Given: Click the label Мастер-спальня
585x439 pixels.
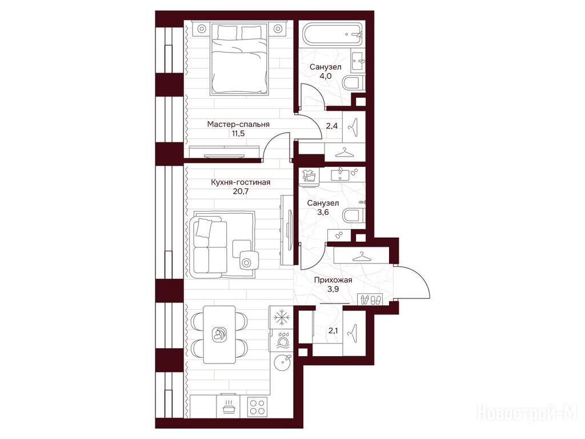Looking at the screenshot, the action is (x=238, y=124).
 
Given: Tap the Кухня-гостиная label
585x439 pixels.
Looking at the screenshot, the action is (x=241, y=182).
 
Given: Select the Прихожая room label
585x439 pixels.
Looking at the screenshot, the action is (x=333, y=280).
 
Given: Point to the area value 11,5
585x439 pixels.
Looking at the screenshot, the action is (x=238, y=133).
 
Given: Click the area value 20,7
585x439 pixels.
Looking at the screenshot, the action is (x=241, y=191).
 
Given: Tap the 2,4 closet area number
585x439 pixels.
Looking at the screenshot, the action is (x=332, y=126).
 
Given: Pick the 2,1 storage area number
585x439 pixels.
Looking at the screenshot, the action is (x=333, y=330).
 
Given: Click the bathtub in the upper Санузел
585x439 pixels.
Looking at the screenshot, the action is (x=332, y=35).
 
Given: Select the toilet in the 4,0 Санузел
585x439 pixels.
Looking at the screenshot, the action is (x=352, y=83).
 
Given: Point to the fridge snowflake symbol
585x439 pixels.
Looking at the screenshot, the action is (x=282, y=318).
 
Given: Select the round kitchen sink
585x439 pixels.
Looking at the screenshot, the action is (x=282, y=362).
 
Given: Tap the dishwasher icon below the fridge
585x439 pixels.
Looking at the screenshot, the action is (x=282, y=340).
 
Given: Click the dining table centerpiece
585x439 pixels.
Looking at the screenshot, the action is (x=219, y=334).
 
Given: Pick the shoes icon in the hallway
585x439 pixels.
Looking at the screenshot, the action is (x=370, y=300).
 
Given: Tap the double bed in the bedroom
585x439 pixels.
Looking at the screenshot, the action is (x=239, y=58).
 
